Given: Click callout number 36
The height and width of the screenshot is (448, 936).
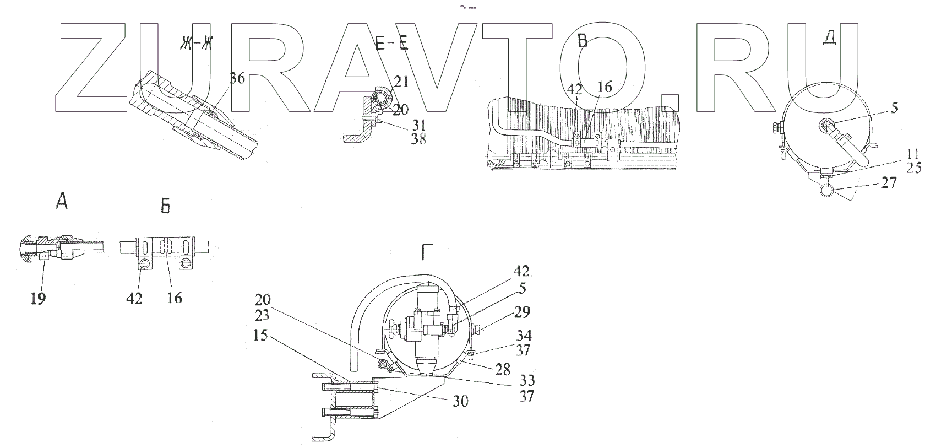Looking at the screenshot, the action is pos(237,79).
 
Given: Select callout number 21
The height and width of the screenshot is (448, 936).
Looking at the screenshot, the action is pos(401,83).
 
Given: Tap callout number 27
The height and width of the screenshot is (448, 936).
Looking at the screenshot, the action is pos(888,182).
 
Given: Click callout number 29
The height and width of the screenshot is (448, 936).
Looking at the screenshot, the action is pos(522,313).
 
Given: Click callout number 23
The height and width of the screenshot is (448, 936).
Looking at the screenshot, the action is pos(262,316).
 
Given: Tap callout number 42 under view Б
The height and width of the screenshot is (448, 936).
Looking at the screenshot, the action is pos(134,298).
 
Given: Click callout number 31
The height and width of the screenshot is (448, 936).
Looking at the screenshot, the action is pos(418,125).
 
